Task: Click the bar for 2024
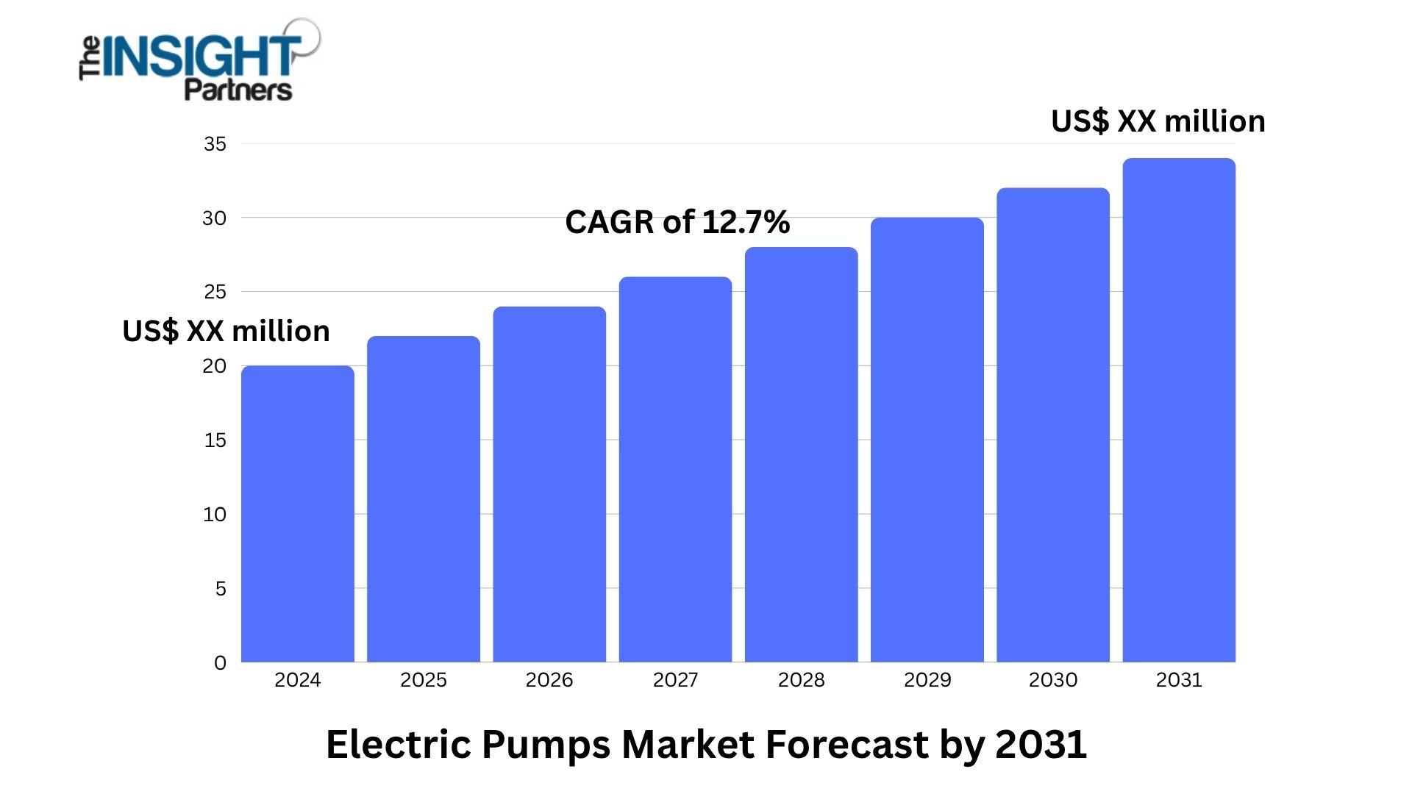pos(298,515)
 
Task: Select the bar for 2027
pos(675,471)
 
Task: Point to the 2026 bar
pos(549,485)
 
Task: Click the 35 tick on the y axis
pos(215,144)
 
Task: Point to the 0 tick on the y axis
pos(220,663)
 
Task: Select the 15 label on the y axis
pos(215,440)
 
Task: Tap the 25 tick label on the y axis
pos(215,292)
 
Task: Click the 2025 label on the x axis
pos(424,680)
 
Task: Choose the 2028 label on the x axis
pos(802,680)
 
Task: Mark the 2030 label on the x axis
pos(1053,680)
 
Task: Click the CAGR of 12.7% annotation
pos(677,222)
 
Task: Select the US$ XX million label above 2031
pos(1158,121)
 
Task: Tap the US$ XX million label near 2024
pos(226,332)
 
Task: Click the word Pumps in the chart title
pos(546,745)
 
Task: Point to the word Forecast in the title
pos(846,744)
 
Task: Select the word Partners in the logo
pos(238,90)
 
